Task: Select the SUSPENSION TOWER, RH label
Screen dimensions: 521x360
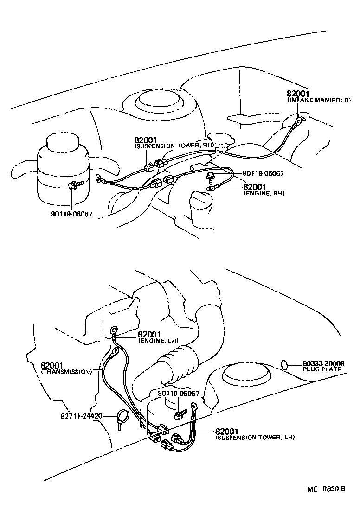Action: [x=174, y=146]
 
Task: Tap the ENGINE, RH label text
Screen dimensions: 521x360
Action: [x=264, y=193]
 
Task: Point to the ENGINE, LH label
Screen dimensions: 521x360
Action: [x=158, y=340]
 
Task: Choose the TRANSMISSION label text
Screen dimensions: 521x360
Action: [x=66, y=372]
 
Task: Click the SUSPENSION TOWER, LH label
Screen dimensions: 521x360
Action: [x=255, y=437]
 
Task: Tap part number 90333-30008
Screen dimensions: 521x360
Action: [x=323, y=363]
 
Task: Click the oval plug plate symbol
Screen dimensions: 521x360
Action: [x=286, y=365]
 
